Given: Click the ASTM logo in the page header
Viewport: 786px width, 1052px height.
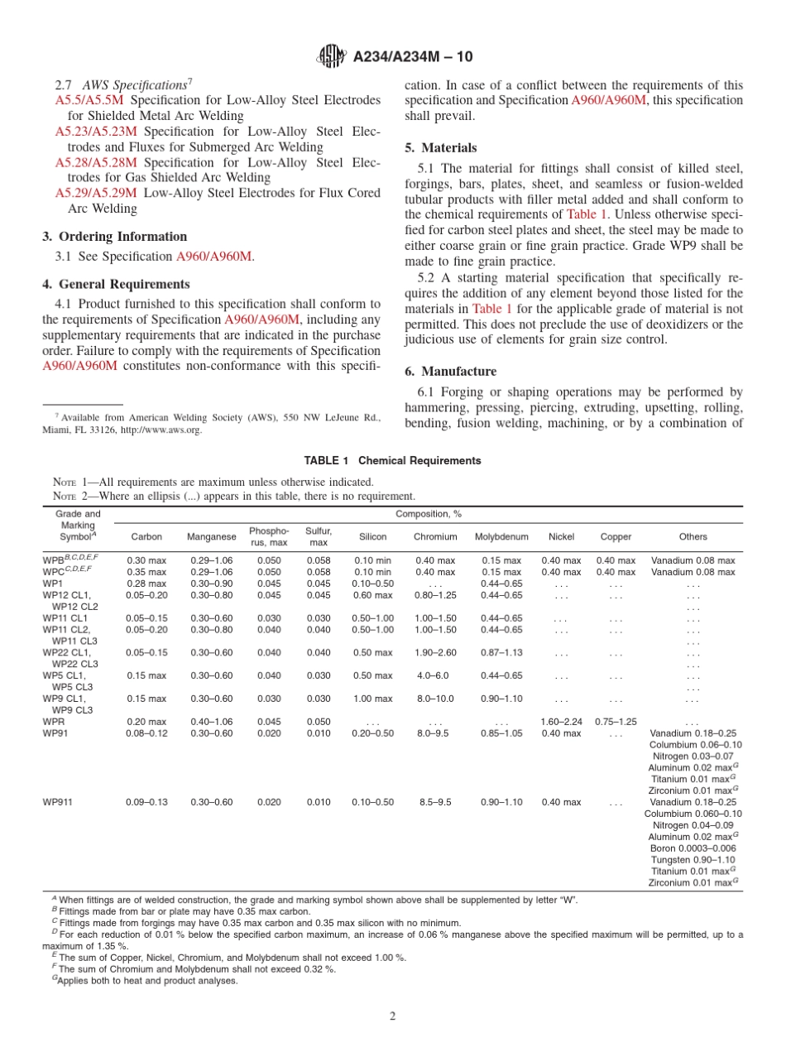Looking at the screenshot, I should pos(331,57).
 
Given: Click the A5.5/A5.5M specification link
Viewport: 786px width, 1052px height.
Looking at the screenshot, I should pos(88,100).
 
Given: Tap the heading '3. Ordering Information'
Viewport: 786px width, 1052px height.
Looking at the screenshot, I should pos(114,237).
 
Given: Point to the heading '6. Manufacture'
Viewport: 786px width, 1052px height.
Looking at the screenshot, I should pos(450,372).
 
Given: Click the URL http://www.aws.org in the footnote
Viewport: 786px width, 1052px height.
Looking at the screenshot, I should pos(161,430).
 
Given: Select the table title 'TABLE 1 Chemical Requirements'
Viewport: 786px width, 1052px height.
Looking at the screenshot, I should pos(392,460).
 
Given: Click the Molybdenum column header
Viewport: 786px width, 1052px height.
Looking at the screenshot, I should pos(501,536).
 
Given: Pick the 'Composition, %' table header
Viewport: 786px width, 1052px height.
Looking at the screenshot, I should pos(429,514).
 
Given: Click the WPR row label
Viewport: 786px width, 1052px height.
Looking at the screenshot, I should pos(54,722).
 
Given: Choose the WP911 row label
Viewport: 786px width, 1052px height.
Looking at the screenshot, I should pos(58,802).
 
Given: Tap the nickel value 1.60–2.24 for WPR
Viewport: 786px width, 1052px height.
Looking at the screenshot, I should pos(561,722).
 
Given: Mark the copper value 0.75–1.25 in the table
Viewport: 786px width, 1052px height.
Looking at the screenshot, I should pos(616,722).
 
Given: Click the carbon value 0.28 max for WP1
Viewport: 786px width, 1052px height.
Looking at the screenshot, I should pos(146,584).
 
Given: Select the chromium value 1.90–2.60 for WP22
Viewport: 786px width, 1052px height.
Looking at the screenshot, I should pos(435,652).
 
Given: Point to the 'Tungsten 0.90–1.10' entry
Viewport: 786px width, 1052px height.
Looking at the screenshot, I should pos(693,860).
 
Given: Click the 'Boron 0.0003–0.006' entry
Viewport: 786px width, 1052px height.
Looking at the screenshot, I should pos(693,848).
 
